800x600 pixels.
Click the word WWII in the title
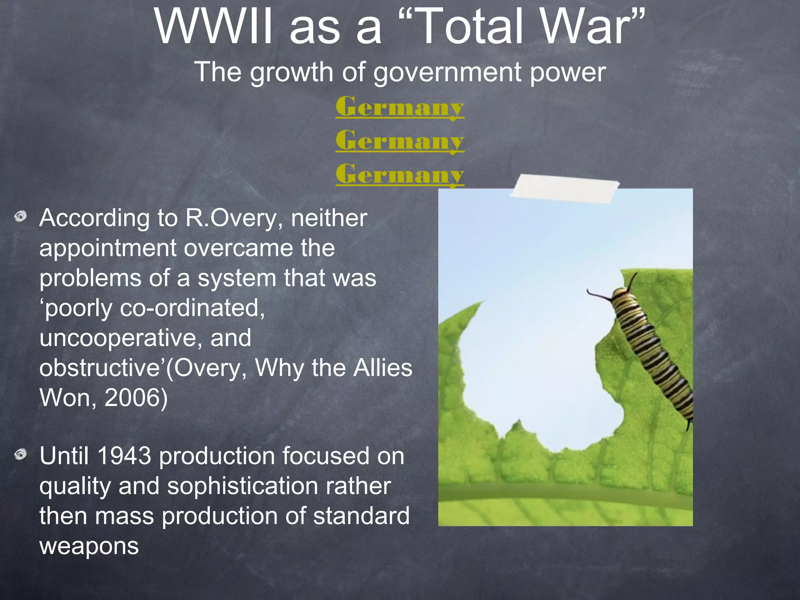coord(213,27)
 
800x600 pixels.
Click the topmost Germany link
coord(400,107)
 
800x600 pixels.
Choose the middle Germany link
coord(400,141)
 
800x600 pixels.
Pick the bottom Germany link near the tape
coord(400,174)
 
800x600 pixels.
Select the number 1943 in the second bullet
coord(124,456)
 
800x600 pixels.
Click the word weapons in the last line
coord(89,546)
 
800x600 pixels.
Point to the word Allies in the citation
coord(382,368)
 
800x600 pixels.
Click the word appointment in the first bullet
coord(107,248)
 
